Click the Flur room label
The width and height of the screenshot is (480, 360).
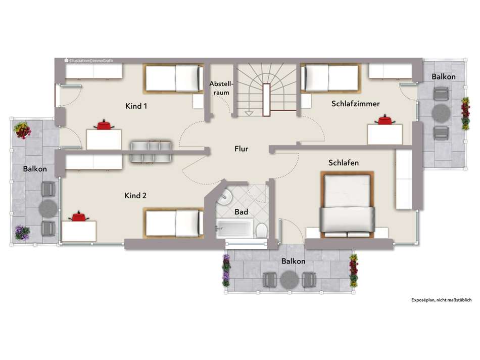coord(241,149)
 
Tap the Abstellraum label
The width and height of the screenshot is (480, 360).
coord(221,88)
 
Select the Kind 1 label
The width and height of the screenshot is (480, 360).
coord(136,106)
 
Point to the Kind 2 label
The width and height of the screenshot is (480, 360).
coord(135,196)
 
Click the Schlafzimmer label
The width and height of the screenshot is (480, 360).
coord(355,104)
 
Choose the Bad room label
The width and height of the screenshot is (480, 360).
coord(241,212)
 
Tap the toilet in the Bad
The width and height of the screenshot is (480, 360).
coord(261,231)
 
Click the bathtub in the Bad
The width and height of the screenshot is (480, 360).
coord(234,228)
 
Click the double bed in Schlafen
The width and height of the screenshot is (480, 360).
coord(347,205)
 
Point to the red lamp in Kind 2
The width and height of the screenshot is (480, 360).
coord(79,216)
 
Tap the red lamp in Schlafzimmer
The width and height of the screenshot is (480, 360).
coord(385,120)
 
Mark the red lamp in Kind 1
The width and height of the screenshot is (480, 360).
coord(104,125)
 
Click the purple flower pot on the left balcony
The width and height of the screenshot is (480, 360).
coord(22,233)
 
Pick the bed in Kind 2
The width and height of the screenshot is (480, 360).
coord(174,223)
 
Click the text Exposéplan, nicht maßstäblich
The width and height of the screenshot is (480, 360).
coord(442,300)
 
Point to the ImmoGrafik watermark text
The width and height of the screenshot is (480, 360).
coord(89,61)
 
